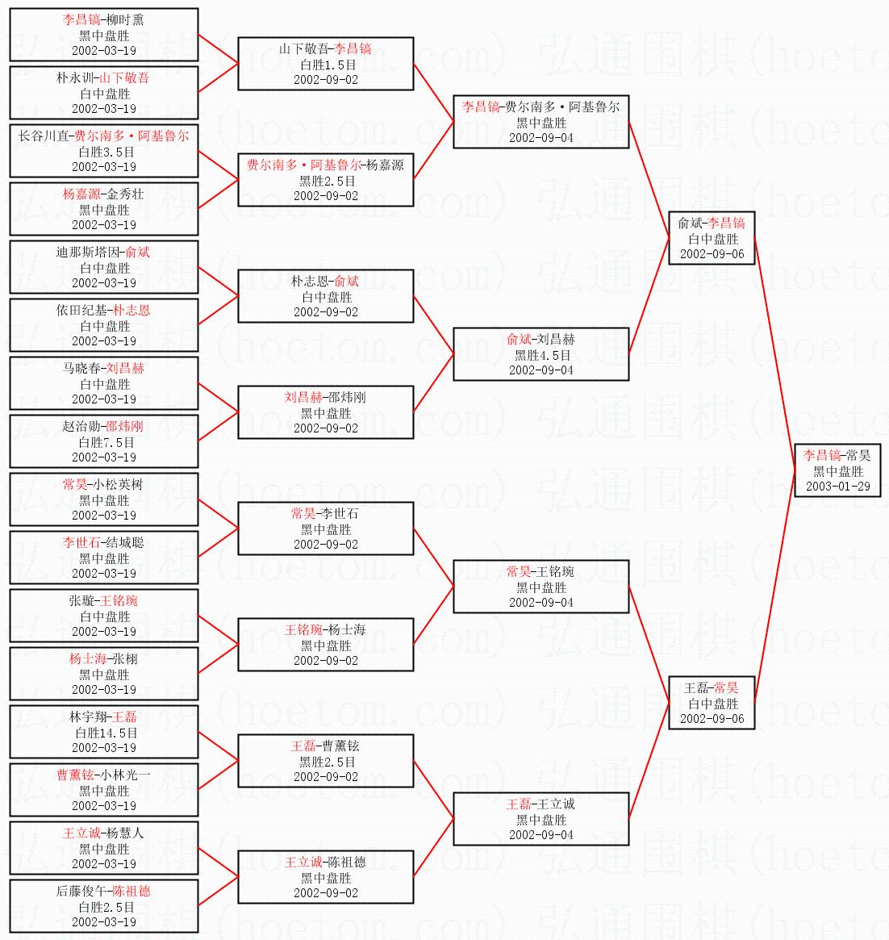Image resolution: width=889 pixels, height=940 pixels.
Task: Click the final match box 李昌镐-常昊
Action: point(837,470)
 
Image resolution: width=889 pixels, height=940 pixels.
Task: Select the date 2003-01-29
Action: point(837,487)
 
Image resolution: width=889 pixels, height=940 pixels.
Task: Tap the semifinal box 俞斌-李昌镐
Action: point(712,238)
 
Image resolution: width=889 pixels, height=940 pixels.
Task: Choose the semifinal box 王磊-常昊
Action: point(712,703)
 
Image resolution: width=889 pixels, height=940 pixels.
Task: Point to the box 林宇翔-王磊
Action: point(103,732)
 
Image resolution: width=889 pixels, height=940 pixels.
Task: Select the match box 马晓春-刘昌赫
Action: point(103,383)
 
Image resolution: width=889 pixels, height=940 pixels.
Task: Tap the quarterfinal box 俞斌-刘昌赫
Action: point(540,354)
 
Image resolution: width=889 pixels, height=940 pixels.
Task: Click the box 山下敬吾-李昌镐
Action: point(326,64)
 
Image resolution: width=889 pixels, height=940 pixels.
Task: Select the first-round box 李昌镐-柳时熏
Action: point(103,35)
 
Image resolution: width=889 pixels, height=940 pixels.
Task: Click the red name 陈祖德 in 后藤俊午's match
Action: point(131,891)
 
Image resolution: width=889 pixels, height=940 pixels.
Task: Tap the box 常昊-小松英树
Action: point(103,499)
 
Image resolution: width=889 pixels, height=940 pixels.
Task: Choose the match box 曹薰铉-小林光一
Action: point(103,790)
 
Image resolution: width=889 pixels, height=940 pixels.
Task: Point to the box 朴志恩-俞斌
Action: point(326,296)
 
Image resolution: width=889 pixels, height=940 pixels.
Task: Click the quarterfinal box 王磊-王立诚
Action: point(540,819)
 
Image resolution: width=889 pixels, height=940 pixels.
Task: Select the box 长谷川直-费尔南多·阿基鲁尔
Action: point(103,151)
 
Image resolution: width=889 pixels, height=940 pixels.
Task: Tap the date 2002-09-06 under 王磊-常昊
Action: point(712,719)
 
